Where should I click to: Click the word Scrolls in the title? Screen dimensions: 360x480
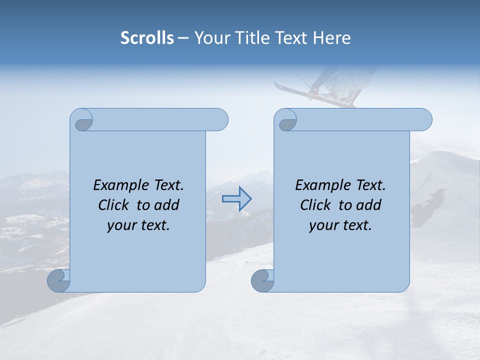[x=147, y=38]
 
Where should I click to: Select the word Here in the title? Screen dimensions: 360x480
[x=331, y=38]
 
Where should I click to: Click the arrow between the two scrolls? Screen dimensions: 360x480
[x=236, y=199]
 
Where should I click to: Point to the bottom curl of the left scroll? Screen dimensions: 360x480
[x=58, y=280]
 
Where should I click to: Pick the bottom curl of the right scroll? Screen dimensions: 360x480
[x=262, y=280]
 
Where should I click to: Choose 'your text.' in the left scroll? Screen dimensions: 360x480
[x=138, y=225]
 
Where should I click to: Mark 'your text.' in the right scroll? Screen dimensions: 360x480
[x=340, y=225]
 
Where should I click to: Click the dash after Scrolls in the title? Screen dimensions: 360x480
[x=183, y=38]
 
